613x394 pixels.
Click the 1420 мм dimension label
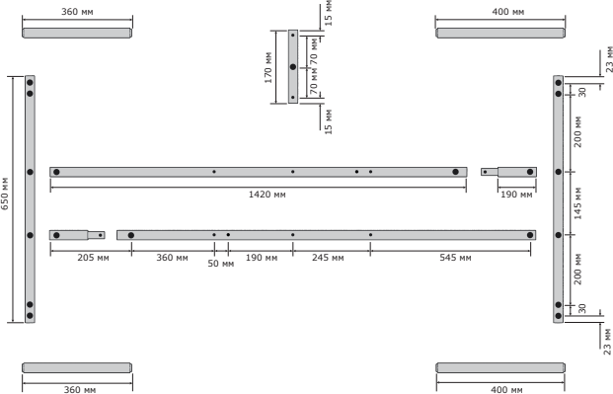(x=267, y=195)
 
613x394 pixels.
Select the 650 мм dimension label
(x=5, y=194)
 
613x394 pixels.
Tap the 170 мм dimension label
(x=268, y=67)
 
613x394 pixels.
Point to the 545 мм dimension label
(x=455, y=258)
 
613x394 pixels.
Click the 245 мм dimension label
(x=328, y=258)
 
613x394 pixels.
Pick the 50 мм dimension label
(x=221, y=264)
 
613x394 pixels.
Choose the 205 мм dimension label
(x=93, y=258)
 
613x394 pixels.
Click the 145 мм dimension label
(x=577, y=203)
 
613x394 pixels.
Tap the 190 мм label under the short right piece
(x=516, y=195)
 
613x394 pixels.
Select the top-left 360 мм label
(x=77, y=12)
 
